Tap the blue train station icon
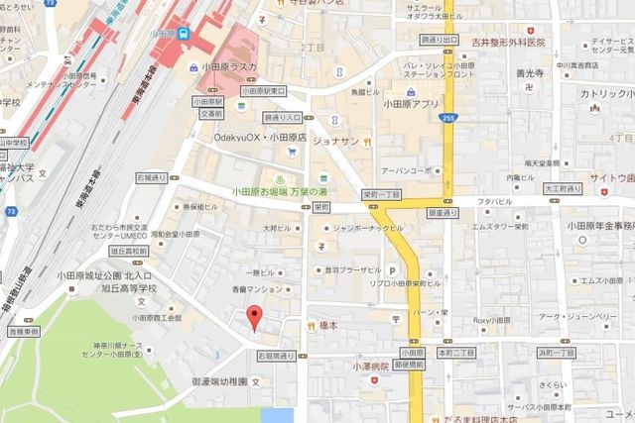point(184,33)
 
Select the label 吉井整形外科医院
point(509,43)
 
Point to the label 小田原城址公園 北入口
point(103,275)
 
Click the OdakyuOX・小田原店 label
point(260,138)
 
